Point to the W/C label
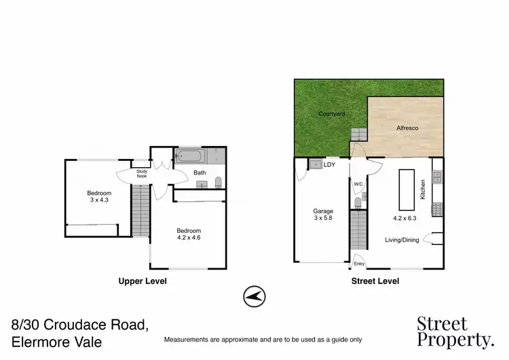[358, 184]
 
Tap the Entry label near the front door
[359, 264]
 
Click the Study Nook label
[142, 174]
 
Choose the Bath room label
[200, 173]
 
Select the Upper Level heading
[143, 281]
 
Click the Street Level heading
[375, 281]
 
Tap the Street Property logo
[455, 331]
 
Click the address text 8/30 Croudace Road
[81, 327]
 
